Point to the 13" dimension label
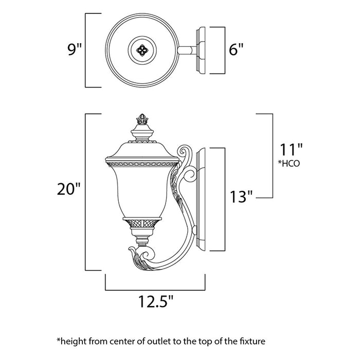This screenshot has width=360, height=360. (x=241, y=196)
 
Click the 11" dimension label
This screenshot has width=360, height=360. (x=291, y=150)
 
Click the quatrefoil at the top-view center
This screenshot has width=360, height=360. (x=140, y=50)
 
